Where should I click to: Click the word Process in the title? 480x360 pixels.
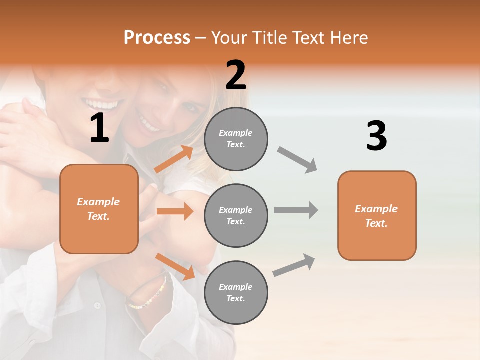tap(157, 38)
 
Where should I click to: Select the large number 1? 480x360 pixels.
tap(99, 128)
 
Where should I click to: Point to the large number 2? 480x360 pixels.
tap(236, 75)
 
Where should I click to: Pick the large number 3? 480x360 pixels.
tap(376, 136)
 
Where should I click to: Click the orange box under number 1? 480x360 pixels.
tap(99, 209)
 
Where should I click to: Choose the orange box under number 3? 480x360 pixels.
tap(377, 215)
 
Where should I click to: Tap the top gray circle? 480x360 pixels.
tap(236, 139)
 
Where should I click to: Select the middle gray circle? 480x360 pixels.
tap(236, 215)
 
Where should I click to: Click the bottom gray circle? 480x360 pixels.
tap(236, 292)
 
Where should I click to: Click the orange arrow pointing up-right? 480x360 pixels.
tap(174, 159)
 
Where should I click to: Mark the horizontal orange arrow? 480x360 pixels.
tap(175, 211)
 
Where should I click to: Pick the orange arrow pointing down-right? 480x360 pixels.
tap(175, 266)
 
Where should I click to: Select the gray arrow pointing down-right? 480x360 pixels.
tap(297, 159)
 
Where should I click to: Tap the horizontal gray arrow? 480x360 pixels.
tap(296, 210)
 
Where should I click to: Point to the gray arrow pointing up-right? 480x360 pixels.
tap(294, 265)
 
